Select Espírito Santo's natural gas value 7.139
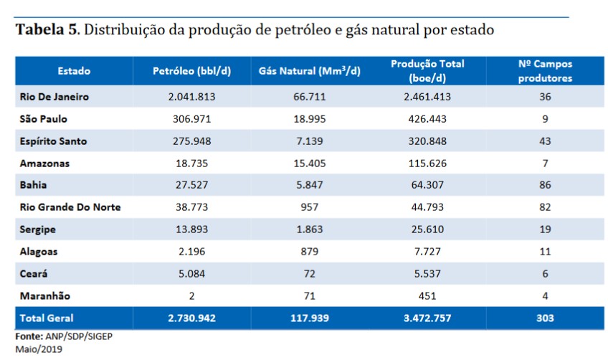click(309, 141)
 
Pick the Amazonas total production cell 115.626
click(427, 164)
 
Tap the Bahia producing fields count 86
click(545, 185)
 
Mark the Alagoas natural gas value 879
click(309, 252)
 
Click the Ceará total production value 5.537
click(427, 274)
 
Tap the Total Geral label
click(47, 318)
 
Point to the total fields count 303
click(545, 318)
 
